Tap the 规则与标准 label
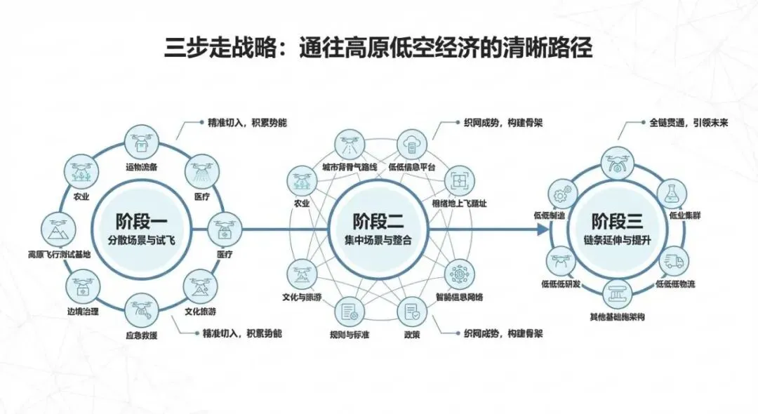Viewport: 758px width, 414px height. [x=350, y=335]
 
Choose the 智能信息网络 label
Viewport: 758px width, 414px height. [x=459, y=297]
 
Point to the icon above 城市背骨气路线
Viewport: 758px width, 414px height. [x=349, y=143]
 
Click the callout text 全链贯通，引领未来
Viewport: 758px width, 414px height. [x=687, y=122]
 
